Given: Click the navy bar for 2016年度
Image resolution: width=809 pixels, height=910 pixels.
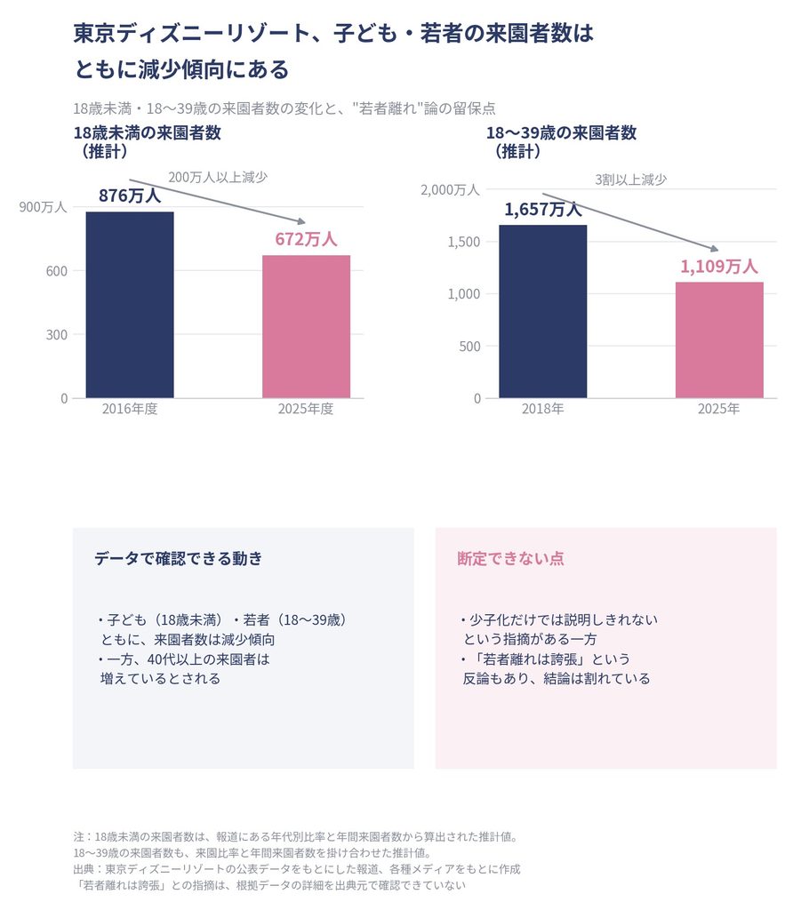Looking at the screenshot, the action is point(130,305).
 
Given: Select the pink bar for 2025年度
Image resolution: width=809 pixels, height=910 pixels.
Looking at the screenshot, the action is point(306,327).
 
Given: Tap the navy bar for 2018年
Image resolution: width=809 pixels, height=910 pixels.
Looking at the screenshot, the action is point(543,312).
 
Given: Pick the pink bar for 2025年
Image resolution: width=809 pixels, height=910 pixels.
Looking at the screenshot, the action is point(719,340).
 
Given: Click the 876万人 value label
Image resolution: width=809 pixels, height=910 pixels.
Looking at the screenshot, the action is point(130,196).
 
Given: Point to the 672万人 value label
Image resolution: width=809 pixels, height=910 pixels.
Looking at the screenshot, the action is point(306,239).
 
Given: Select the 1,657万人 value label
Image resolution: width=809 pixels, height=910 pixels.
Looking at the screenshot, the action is point(543,210).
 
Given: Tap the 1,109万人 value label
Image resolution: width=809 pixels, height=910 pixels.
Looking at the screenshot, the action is point(719,267).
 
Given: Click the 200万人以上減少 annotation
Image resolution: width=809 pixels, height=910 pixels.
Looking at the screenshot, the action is point(218,177).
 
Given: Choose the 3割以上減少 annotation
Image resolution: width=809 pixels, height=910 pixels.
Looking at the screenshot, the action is point(630,180).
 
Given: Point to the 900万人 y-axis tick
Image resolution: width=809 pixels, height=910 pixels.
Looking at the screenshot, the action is point(43,207).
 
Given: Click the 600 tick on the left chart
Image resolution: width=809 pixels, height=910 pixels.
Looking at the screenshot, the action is point(57,271).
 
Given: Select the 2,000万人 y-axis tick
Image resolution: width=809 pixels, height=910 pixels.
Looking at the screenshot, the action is point(450,190).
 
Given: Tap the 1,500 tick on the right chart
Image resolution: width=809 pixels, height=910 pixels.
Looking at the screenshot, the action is point(463,242).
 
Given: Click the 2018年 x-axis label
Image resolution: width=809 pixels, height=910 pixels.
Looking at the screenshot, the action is point(543,409).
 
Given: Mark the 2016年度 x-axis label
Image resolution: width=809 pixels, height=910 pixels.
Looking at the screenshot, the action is point(130,409).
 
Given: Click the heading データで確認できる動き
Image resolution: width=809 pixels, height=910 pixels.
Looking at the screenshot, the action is point(179,558).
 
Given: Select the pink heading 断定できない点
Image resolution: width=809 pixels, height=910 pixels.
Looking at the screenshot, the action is point(510,558).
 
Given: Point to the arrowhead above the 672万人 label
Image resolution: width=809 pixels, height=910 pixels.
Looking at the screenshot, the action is point(301,221).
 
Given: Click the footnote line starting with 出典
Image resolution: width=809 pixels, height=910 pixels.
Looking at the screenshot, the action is point(297,869).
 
